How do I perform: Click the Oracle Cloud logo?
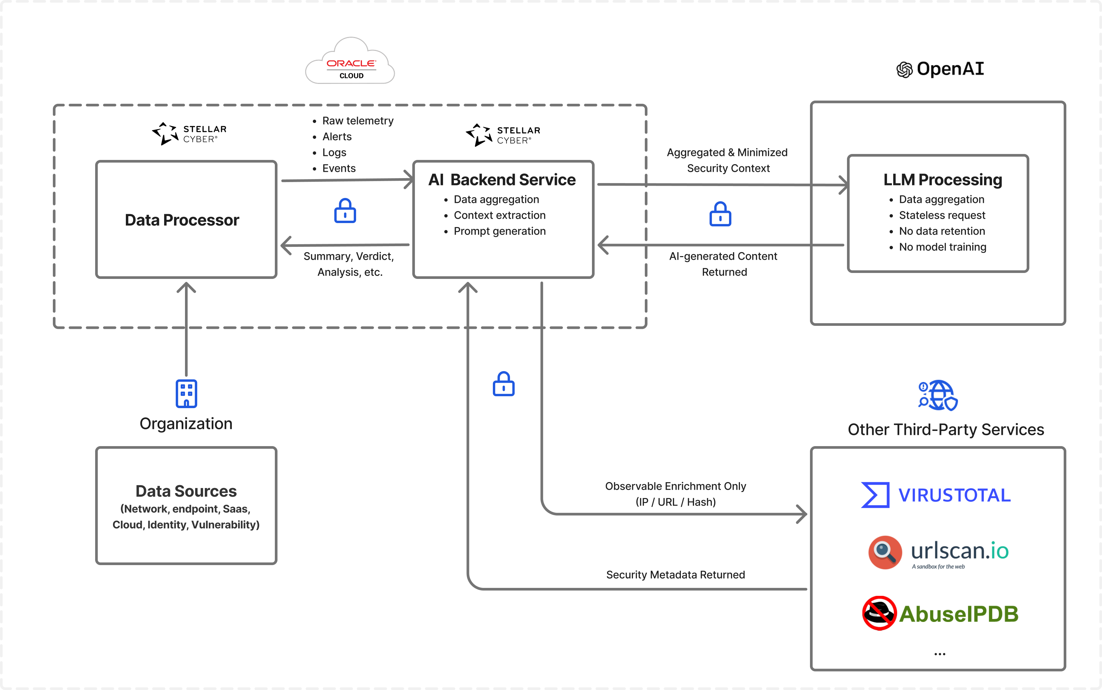350,61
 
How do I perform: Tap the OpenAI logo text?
950,69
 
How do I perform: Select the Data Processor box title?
182,220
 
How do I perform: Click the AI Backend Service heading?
502,180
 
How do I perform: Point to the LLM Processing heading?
943,180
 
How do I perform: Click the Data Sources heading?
186,491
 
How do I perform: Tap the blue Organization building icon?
186,393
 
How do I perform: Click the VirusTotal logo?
936,495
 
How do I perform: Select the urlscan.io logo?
938,553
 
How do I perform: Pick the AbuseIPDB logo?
940,613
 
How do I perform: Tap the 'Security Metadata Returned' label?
676,575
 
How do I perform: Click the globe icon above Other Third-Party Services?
938,395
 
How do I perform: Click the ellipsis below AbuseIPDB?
939,654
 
